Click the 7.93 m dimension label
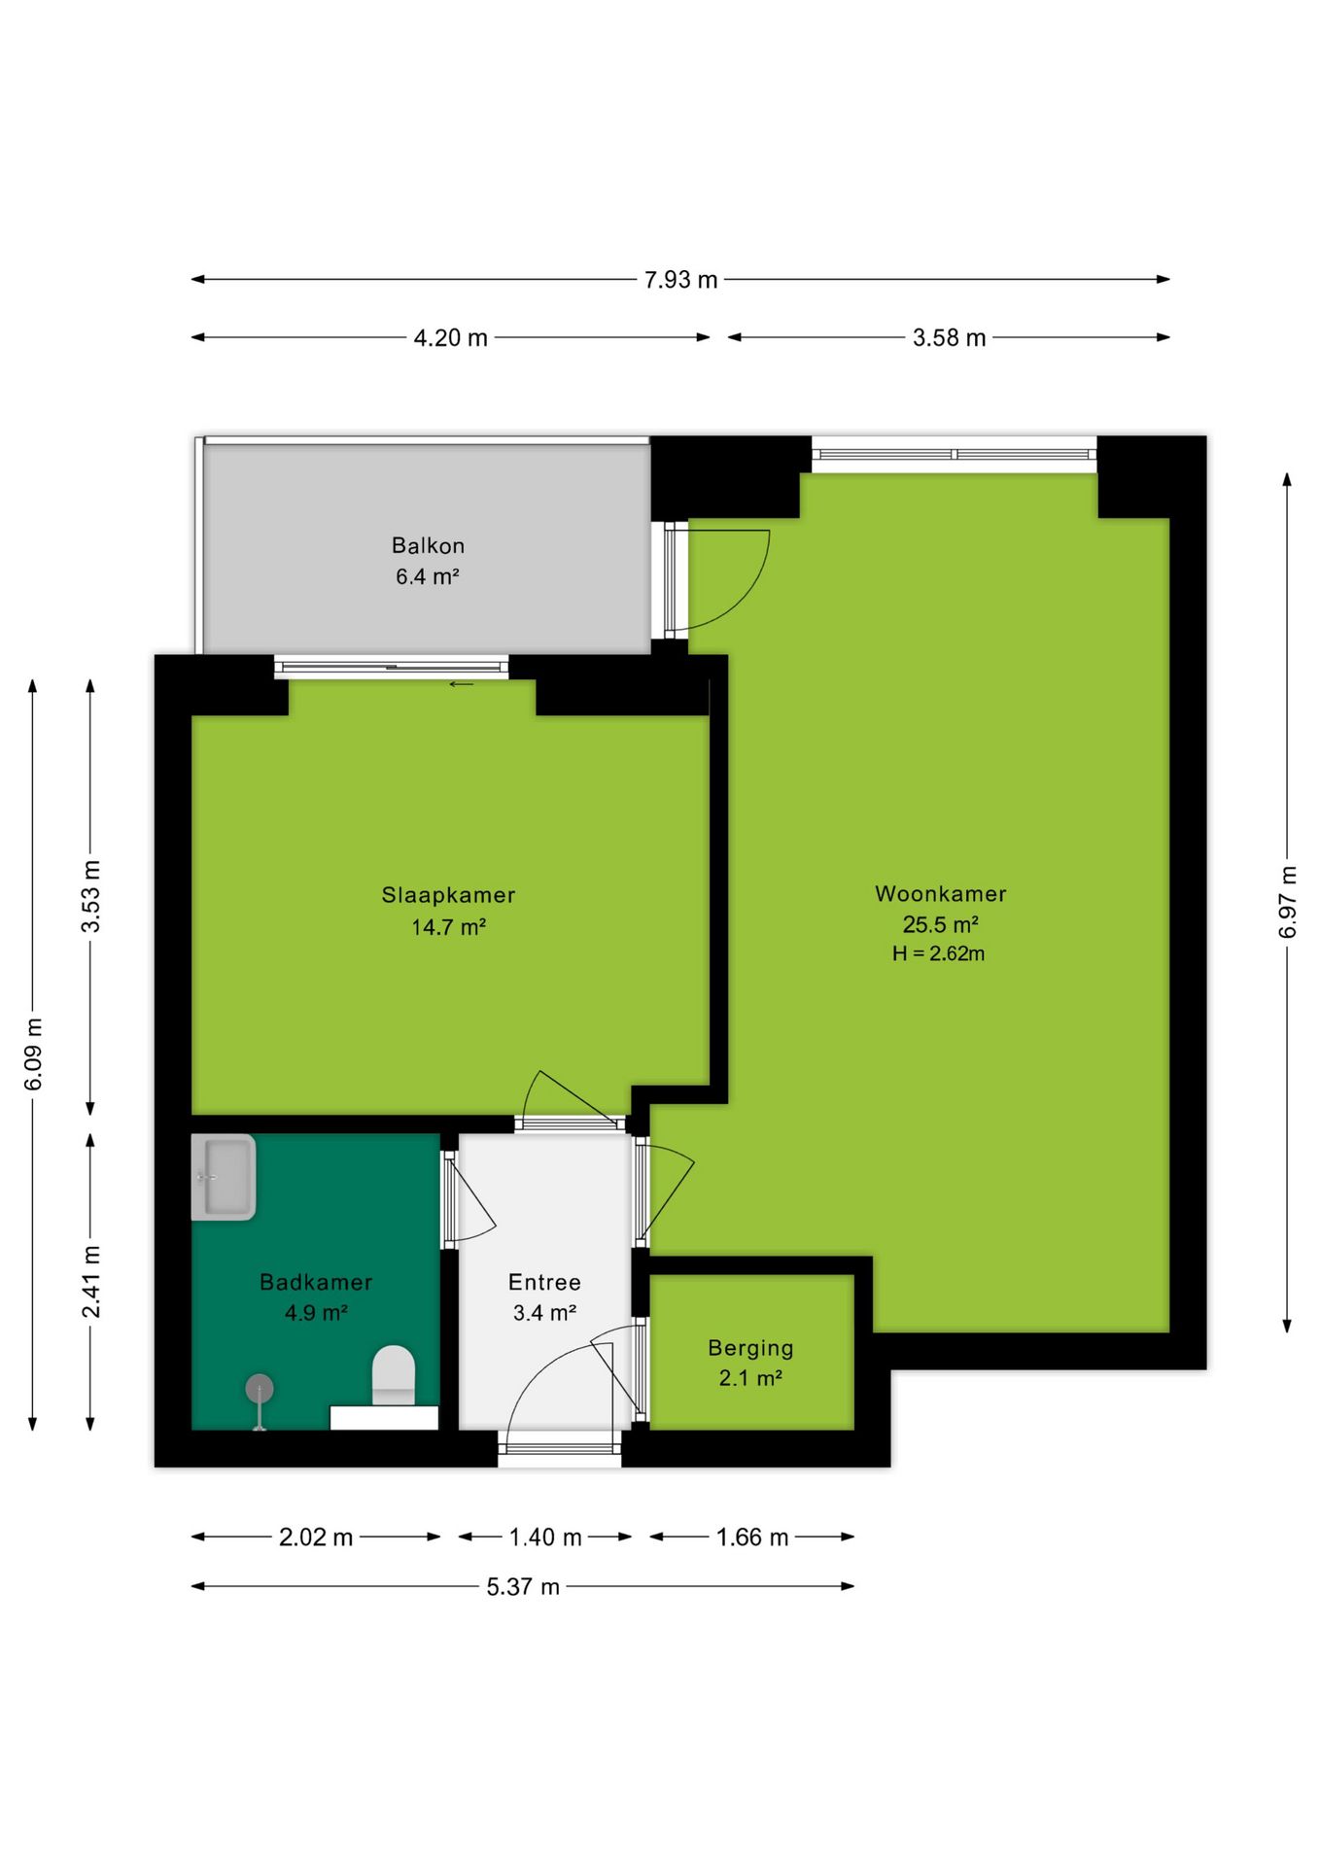pos(680,280)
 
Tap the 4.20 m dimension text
pos(451,338)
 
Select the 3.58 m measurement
pos(949,338)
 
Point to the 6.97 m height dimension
pos(1287,902)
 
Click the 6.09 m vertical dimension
pos(33,1054)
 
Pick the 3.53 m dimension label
pos(90,896)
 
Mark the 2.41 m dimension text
pos(90,1282)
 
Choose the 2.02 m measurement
pos(316,1538)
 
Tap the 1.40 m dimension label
pos(545,1538)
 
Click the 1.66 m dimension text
pos(752,1538)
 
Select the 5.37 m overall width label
pos(523,1587)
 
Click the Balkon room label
pos(428,546)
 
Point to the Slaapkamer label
pos(448,895)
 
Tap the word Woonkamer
pos(941,894)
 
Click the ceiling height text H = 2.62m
pos(939,954)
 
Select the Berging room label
pos(750,1349)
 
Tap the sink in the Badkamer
pos(224,1177)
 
